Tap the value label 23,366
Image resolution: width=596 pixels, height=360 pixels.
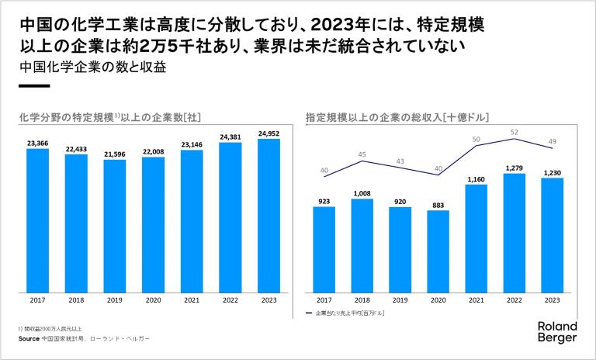tap(37, 143)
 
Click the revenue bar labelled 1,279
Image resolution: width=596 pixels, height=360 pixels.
tap(514, 233)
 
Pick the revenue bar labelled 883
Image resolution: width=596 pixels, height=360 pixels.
tap(438, 251)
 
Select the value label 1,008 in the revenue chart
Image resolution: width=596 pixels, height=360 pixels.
tap(362, 193)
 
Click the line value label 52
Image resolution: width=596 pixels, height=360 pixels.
tap(514, 132)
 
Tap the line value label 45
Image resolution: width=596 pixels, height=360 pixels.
tap(362, 154)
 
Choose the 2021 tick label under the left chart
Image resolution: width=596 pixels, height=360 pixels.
tap(191, 299)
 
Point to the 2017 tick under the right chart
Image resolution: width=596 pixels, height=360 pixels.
tap(324, 299)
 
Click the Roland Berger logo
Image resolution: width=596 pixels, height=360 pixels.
tap(558, 332)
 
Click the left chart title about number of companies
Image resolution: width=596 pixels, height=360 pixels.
tap(110, 118)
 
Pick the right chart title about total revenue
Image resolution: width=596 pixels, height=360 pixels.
tap(397, 118)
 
